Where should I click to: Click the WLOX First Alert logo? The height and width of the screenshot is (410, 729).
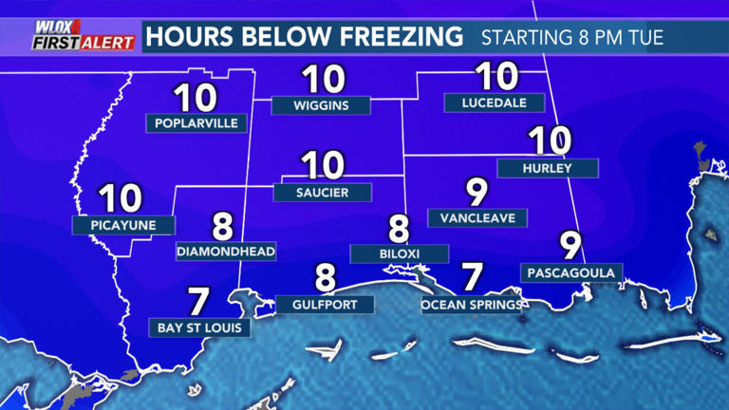coord(70,36)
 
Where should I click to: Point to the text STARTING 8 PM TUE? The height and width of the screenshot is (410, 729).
coord(572,39)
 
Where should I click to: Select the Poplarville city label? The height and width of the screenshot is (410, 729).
coord(197,122)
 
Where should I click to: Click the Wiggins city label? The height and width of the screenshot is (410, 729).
coord(322,104)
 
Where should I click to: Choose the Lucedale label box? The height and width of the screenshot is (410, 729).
coord(494,102)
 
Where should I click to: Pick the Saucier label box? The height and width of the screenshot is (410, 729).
coord(323,192)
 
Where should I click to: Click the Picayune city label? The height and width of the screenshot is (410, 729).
coord(124,225)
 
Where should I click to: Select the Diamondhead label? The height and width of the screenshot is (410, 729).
coord(226,252)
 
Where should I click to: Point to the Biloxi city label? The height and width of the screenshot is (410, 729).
coord(399,253)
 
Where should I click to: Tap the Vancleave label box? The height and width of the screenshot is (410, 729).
coord(477,218)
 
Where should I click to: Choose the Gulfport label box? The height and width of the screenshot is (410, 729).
coord(326,305)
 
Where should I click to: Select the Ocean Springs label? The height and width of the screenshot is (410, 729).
coord(472,305)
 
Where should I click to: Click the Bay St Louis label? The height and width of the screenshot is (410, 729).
coord(200,328)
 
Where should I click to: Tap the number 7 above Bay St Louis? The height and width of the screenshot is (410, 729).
coord(198,302)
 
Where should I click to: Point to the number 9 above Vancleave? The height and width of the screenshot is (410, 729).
coord(476,193)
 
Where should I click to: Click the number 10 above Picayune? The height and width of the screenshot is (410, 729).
coord(121,199)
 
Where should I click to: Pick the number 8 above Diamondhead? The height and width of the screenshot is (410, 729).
coord(223,226)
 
